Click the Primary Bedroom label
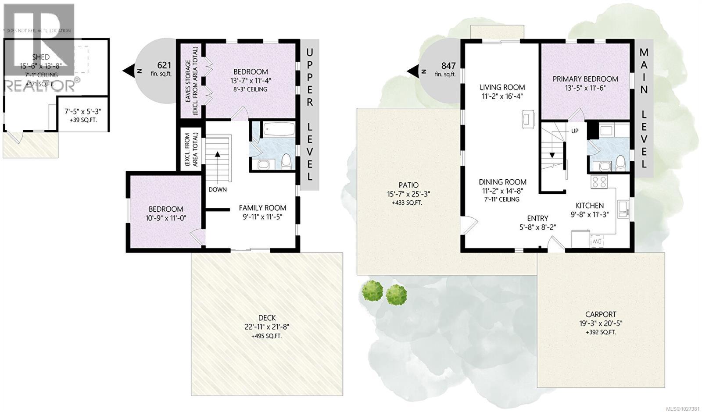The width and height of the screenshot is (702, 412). [585, 79]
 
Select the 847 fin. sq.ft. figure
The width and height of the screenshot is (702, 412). [448, 66]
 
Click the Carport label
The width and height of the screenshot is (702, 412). [601, 314]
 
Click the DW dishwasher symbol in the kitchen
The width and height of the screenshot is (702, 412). [597, 241]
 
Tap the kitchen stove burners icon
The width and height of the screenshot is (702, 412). [599, 181]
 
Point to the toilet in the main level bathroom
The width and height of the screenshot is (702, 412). [620, 163]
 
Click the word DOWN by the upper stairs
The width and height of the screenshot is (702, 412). [218, 189]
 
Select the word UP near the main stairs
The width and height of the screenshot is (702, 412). [574, 131]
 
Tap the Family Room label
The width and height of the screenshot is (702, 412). [262, 208]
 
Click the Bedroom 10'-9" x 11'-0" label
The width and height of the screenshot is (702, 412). [166, 209]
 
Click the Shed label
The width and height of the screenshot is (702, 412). [41, 57]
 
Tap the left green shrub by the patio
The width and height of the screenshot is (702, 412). [372, 290]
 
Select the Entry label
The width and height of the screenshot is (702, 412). [537, 218]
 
